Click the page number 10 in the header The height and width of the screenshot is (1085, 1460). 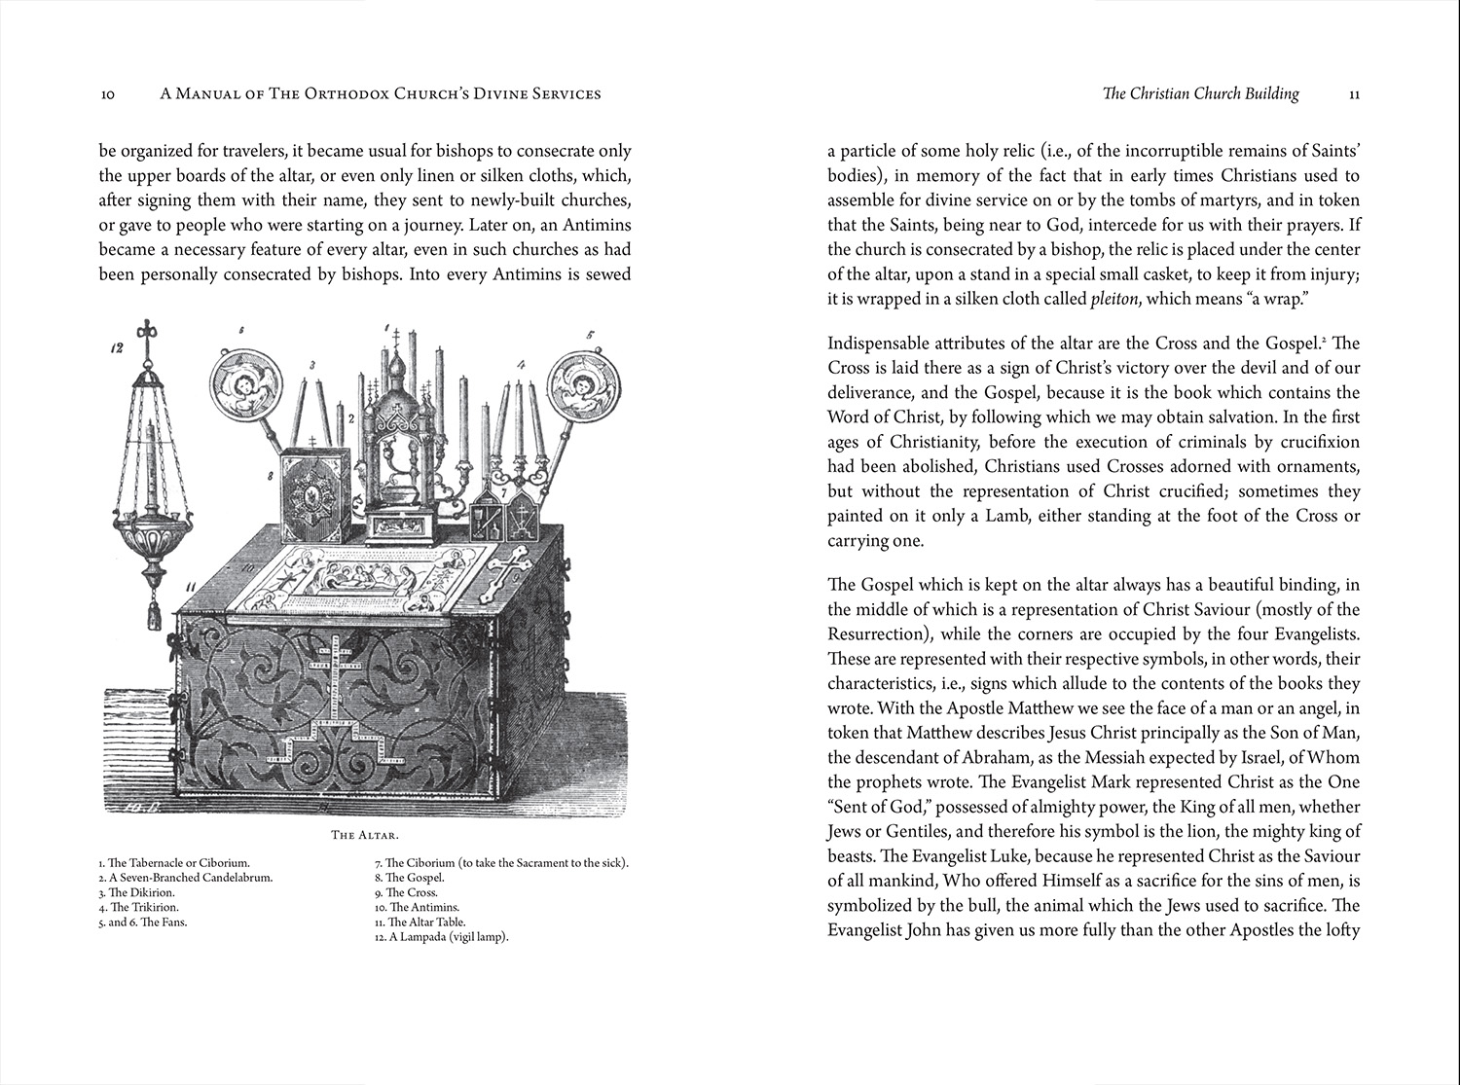coord(108,94)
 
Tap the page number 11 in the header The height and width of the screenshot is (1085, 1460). coord(1354,94)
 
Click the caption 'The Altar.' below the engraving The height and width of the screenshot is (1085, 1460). coord(365,834)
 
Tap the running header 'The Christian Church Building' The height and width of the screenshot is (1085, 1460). coord(1200,94)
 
